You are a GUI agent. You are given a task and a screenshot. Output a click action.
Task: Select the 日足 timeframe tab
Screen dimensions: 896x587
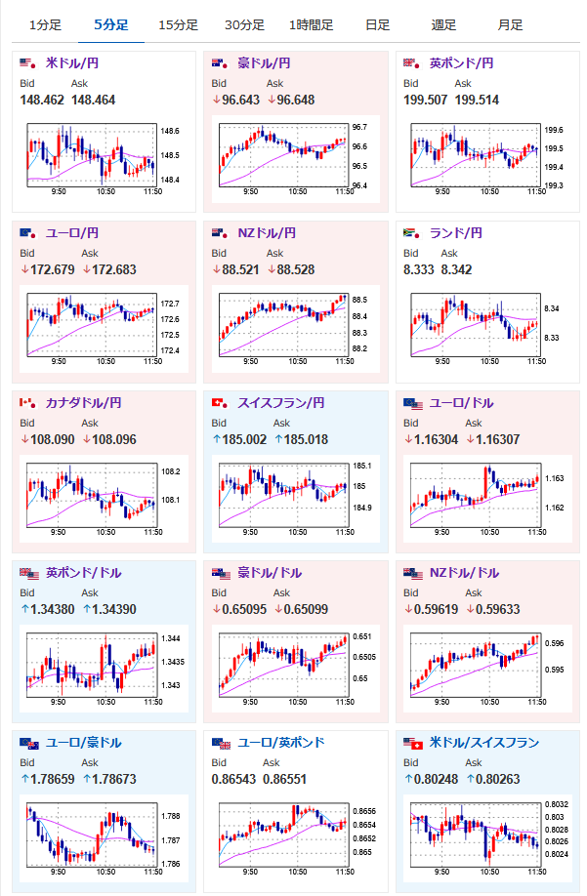coord(378,24)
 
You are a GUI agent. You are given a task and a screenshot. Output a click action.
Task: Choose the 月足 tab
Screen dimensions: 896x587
coord(509,24)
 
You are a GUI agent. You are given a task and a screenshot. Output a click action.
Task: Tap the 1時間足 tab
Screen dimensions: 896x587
coord(311,24)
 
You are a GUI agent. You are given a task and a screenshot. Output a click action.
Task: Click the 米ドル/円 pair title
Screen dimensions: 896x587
coord(72,63)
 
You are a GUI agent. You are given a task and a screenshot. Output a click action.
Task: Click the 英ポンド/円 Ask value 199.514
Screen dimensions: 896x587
coord(478,100)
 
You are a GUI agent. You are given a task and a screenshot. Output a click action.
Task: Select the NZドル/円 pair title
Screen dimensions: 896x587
coord(266,233)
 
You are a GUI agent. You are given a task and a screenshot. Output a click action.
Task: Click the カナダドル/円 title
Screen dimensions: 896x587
coord(83,403)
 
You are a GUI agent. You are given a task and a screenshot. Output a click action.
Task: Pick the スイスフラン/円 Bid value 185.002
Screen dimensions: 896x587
coord(239,439)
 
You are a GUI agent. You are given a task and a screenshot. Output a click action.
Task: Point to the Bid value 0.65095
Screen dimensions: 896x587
coord(238,609)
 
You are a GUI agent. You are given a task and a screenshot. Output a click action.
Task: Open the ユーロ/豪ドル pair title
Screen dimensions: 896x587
coord(83,743)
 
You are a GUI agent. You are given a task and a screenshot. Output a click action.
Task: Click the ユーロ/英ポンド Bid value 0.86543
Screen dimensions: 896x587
coord(233,779)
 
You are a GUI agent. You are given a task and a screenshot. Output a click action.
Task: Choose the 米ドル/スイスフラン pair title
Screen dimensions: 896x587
coord(483,743)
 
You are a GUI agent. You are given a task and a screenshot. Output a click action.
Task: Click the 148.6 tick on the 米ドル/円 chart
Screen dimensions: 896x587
coord(170,130)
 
